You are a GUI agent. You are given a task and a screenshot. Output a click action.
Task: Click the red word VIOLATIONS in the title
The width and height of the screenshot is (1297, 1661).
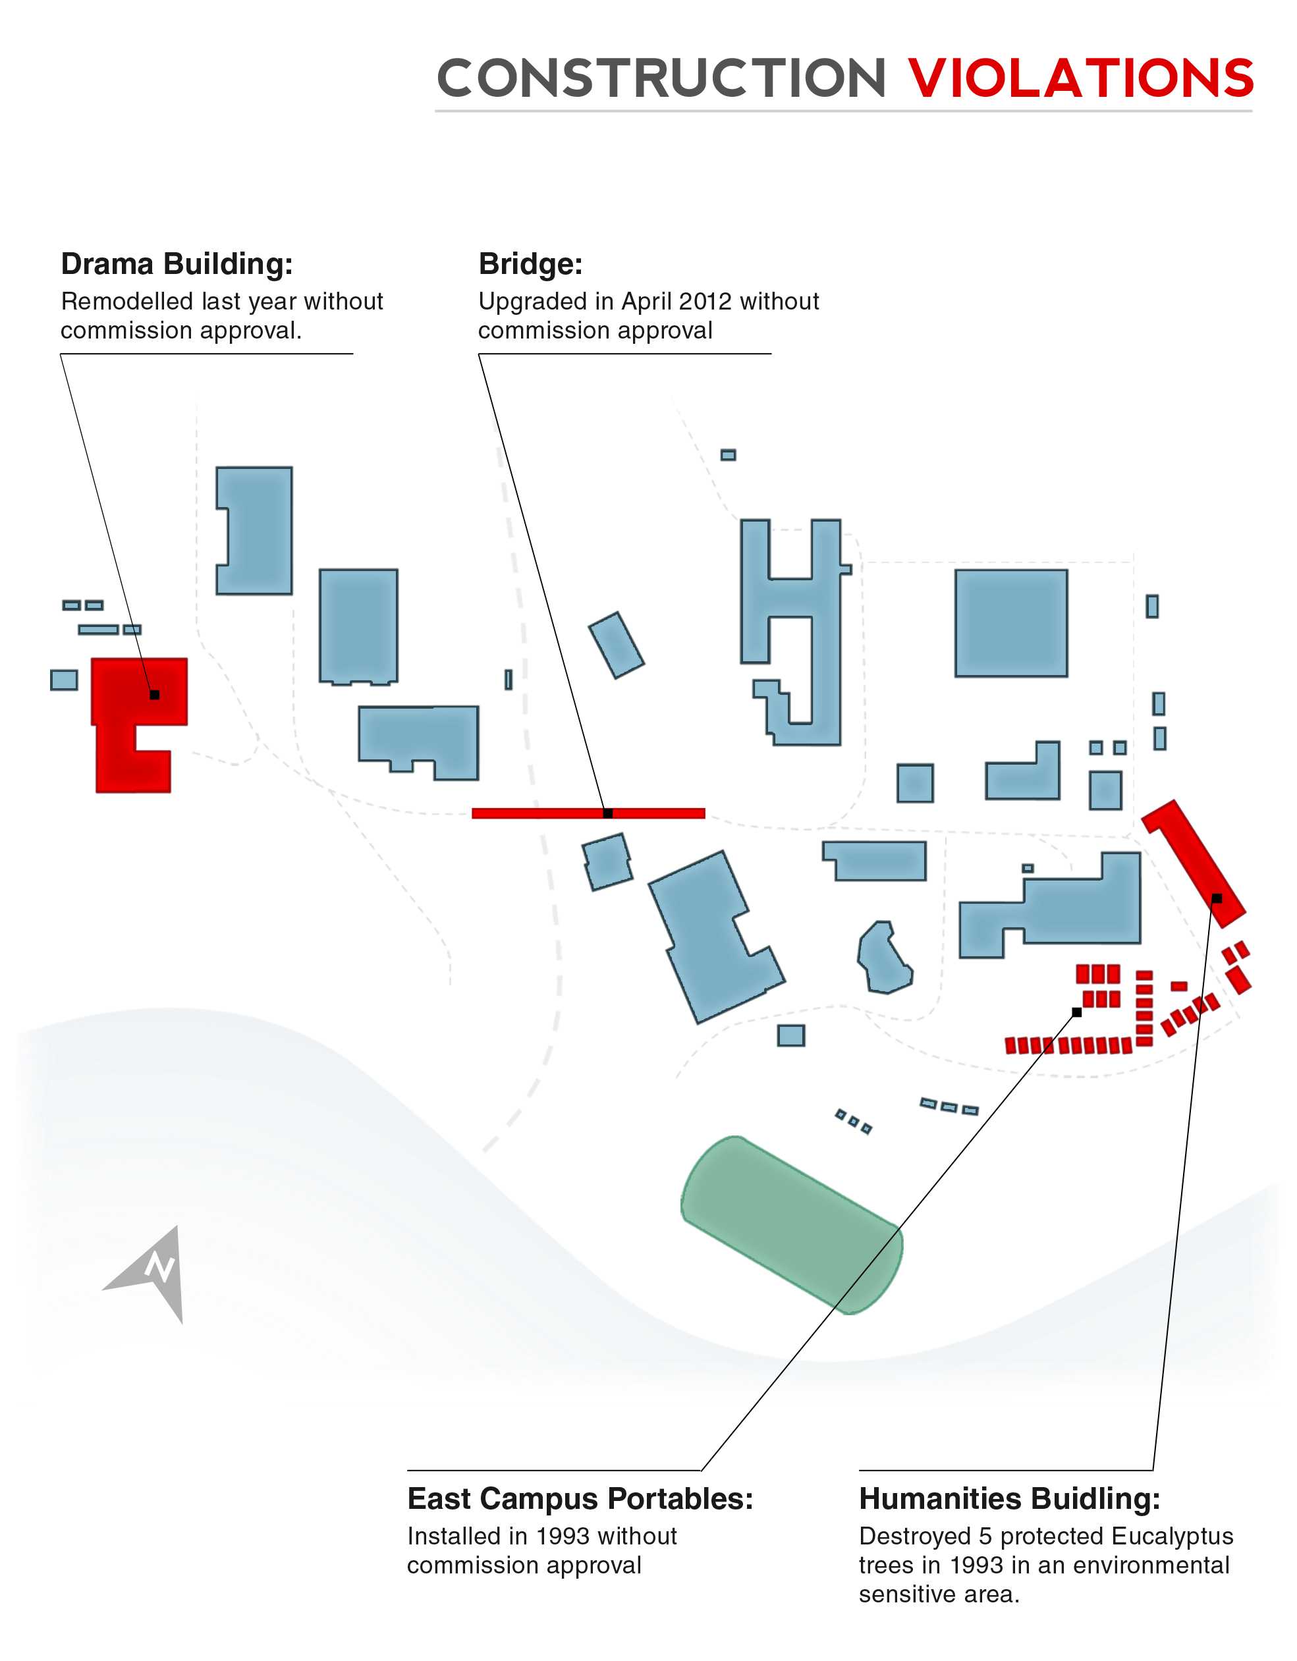(1081, 78)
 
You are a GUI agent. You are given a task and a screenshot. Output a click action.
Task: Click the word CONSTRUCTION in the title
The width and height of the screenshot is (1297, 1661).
(662, 78)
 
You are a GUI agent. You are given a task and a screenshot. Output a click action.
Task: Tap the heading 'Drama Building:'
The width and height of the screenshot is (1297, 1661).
(177, 264)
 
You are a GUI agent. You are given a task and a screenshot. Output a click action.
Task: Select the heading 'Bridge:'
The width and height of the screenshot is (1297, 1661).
(530, 264)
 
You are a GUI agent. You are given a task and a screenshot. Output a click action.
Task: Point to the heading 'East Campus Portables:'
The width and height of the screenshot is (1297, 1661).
(580, 1499)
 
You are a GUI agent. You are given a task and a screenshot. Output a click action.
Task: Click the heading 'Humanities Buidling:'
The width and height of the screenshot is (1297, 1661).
(1009, 1499)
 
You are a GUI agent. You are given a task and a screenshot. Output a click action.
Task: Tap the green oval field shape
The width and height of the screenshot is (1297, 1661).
(792, 1225)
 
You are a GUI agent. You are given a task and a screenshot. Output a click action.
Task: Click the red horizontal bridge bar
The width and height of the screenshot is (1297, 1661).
(588, 813)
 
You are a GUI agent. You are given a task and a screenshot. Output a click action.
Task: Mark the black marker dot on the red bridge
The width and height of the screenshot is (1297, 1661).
(608, 813)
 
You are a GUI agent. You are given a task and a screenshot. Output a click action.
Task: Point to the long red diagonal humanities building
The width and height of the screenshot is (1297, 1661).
(1194, 863)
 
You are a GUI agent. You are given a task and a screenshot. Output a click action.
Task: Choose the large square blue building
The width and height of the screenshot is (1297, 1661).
(1011, 623)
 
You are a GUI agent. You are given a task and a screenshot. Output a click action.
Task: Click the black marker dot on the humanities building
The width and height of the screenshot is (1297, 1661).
(1217, 898)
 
